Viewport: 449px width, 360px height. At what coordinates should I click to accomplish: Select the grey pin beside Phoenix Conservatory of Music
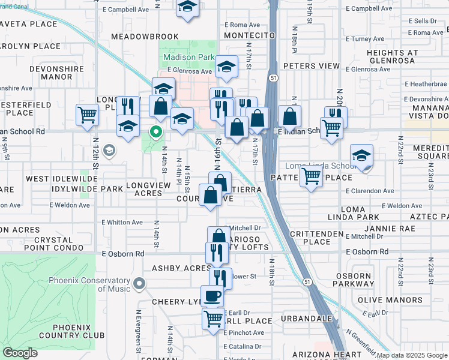pyautogui.click(x=139, y=283)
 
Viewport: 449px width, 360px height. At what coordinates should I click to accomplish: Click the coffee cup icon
pyautogui.click(x=212, y=295)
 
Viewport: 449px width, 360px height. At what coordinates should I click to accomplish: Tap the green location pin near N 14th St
pyautogui.click(x=156, y=131)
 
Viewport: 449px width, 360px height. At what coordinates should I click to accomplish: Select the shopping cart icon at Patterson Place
pyautogui.click(x=311, y=176)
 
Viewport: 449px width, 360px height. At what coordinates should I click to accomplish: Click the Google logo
pyautogui.click(x=20, y=353)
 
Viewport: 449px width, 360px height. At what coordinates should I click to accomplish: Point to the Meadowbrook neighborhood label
pyautogui.click(x=144, y=37)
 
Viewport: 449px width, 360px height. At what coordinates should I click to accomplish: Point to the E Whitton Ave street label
pyautogui.click(x=122, y=223)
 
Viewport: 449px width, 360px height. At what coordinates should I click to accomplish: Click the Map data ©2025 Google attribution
pyautogui.click(x=412, y=355)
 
